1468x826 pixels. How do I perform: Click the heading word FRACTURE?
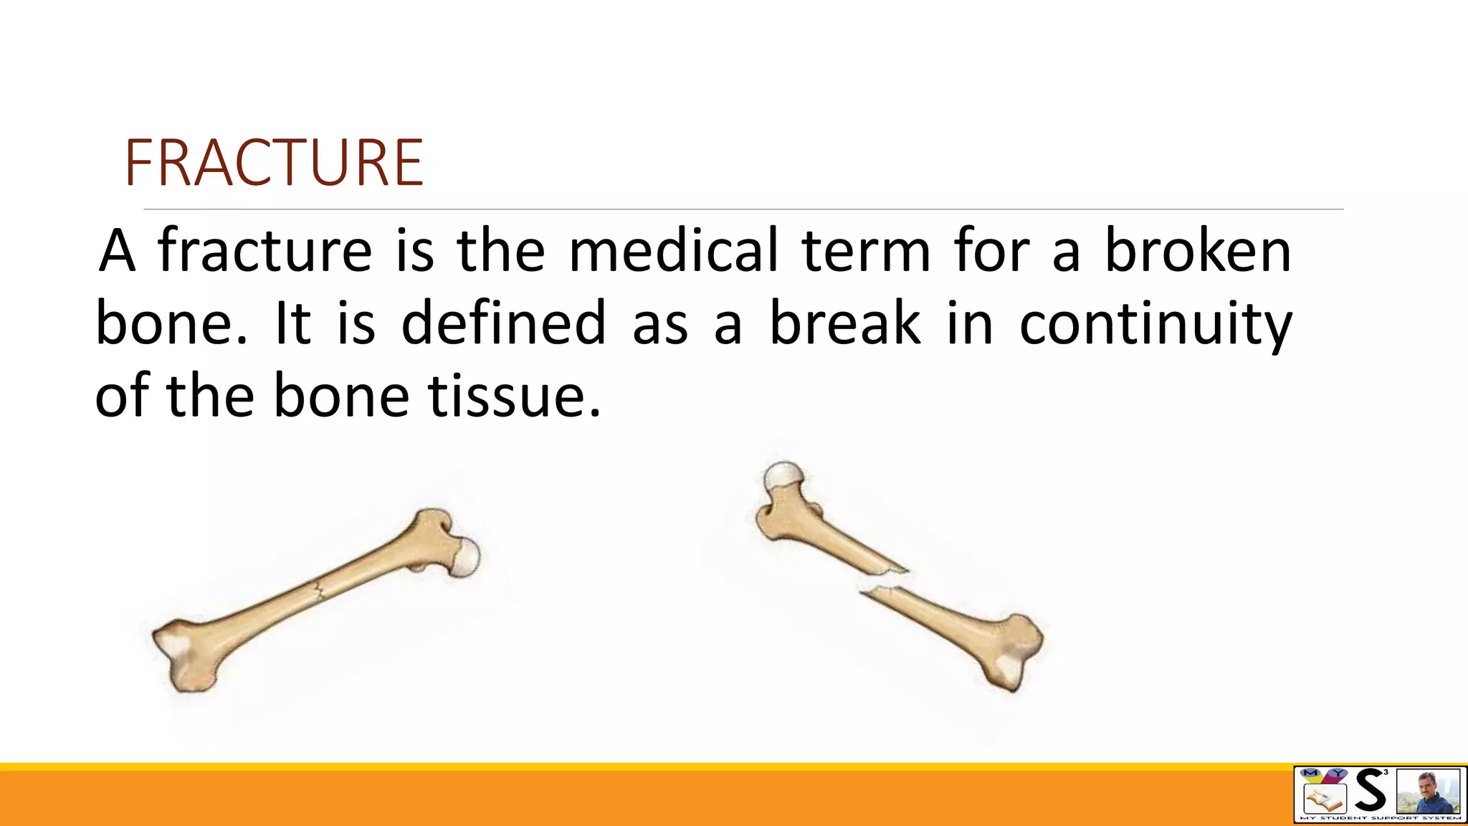tap(274, 163)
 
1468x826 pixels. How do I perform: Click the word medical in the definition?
tap(673, 251)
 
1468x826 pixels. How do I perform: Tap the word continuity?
tap(1155, 324)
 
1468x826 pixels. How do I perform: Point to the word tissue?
tap(515, 397)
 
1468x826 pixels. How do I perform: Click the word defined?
tap(503, 323)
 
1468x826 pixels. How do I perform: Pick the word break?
tap(844, 323)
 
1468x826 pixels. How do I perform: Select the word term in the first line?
tap(865, 251)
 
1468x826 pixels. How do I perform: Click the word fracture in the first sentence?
tap(264, 251)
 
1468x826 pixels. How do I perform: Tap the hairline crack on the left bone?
tap(320, 591)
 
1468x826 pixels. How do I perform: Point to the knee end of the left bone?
tap(185, 655)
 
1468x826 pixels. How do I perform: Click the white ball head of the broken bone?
tap(783, 476)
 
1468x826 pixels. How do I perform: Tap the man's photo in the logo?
tap(1428, 792)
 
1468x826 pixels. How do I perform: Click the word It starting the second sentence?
tap(292, 323)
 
